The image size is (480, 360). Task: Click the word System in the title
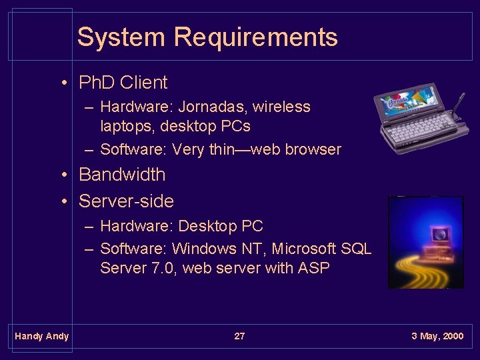121,37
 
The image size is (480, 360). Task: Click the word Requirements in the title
256,37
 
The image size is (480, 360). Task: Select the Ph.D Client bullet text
123,83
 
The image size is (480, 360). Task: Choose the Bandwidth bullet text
122,175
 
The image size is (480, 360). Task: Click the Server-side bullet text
126,201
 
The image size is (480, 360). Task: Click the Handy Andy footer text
41,336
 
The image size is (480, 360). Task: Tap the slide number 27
239,336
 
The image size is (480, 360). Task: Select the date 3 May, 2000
437,336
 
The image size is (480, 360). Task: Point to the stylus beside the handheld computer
458,106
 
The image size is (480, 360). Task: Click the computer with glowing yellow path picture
425,242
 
